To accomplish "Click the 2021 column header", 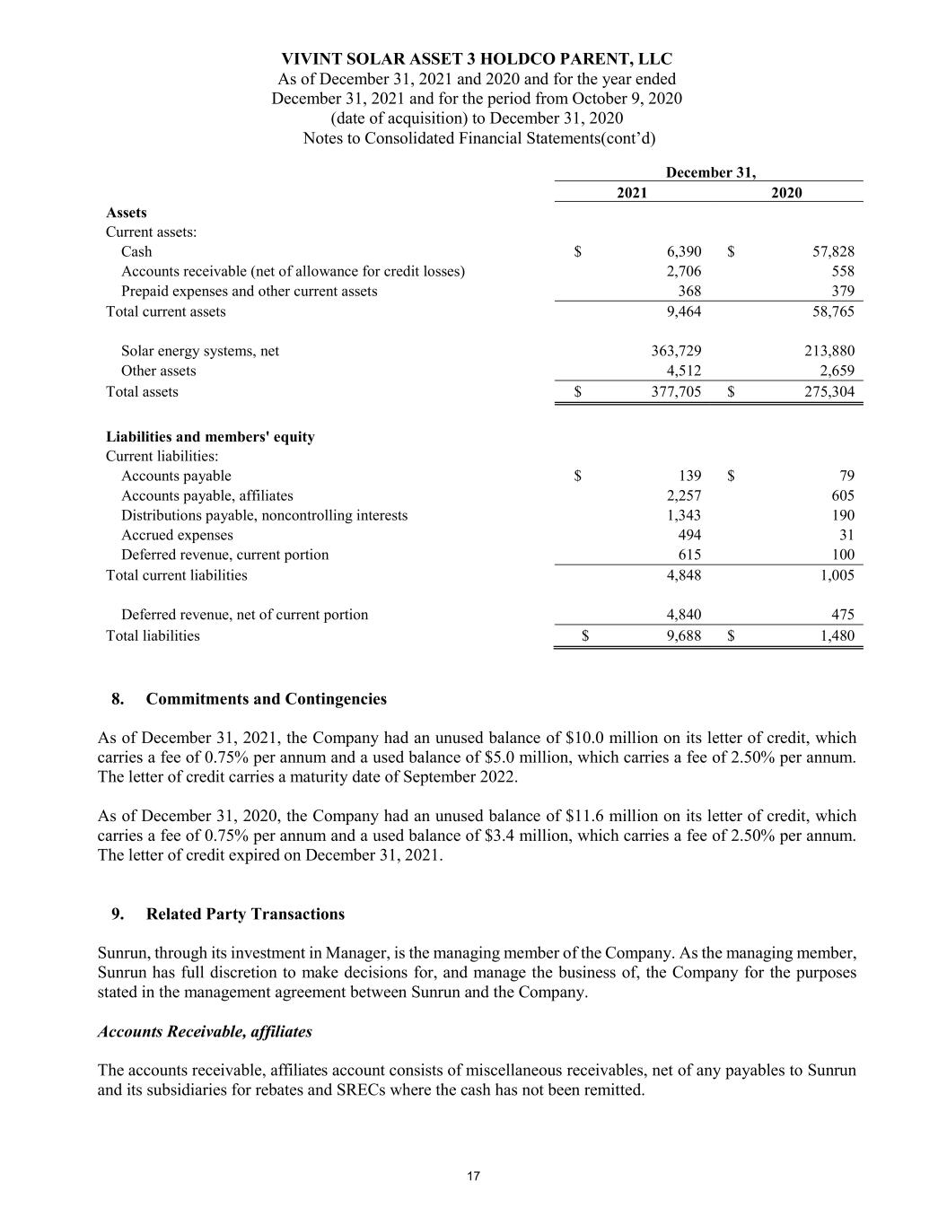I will point(632,193).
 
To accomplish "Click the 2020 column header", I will point(786,193).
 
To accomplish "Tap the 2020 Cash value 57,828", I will point(832,252).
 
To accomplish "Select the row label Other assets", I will point(158,372).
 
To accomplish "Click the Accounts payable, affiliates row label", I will point(206,495).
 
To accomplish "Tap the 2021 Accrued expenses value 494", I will point(688,536).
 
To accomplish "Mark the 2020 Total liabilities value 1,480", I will point(837,636).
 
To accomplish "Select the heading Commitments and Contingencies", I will point(266,699).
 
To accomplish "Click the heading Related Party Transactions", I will point(245,914).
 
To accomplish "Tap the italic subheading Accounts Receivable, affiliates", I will point(205,1032).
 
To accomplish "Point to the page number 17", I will point(473,1177).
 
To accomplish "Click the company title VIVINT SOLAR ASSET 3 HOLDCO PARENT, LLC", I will point(477,59).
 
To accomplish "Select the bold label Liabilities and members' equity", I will point(210,437).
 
